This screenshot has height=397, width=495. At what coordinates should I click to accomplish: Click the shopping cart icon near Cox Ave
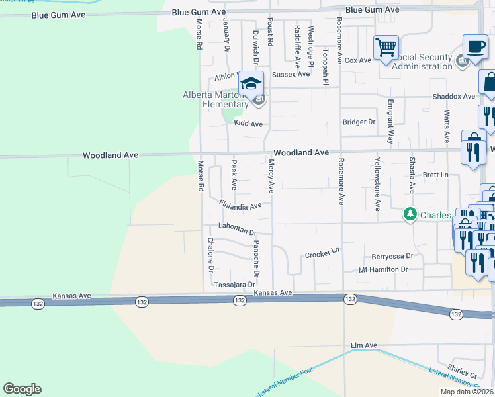(x=386, y=48)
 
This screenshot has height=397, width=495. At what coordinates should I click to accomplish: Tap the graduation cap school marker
(x=251, y=83)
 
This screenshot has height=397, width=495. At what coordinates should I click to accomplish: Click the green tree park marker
(x=410, y=214)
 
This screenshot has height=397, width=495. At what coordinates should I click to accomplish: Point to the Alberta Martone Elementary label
(x=215, y=99)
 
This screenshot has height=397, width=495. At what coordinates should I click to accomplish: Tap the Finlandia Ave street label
(x=241, y=206)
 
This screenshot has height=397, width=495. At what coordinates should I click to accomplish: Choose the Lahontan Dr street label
(x=232, y=231)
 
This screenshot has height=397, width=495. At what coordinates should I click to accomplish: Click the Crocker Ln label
(x=322, y=254)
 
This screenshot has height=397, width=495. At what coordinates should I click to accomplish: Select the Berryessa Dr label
(x=391, y=255)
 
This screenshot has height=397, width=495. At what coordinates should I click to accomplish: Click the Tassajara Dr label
(x=234, y=285)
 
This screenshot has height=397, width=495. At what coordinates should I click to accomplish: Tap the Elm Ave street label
(x=363, y=345)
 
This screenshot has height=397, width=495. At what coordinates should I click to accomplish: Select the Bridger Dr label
(x=359, y=122)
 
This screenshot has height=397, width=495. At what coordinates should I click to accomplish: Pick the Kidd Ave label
(x=247, y=124)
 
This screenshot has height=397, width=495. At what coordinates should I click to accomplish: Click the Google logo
(x=22, y=389)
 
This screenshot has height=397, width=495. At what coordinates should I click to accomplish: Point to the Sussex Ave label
(x=291, y=74)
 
